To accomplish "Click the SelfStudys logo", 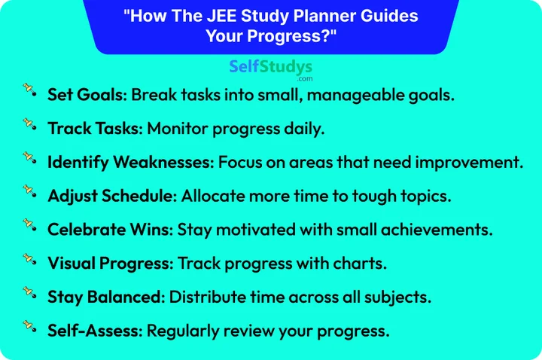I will coord(270,69).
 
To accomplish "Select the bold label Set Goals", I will coord(88,96).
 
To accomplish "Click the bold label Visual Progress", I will coord(110,263).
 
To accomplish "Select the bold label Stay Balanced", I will coord(105,296).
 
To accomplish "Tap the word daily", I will coord(303,129).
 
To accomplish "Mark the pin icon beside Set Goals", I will coord(29,90).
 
